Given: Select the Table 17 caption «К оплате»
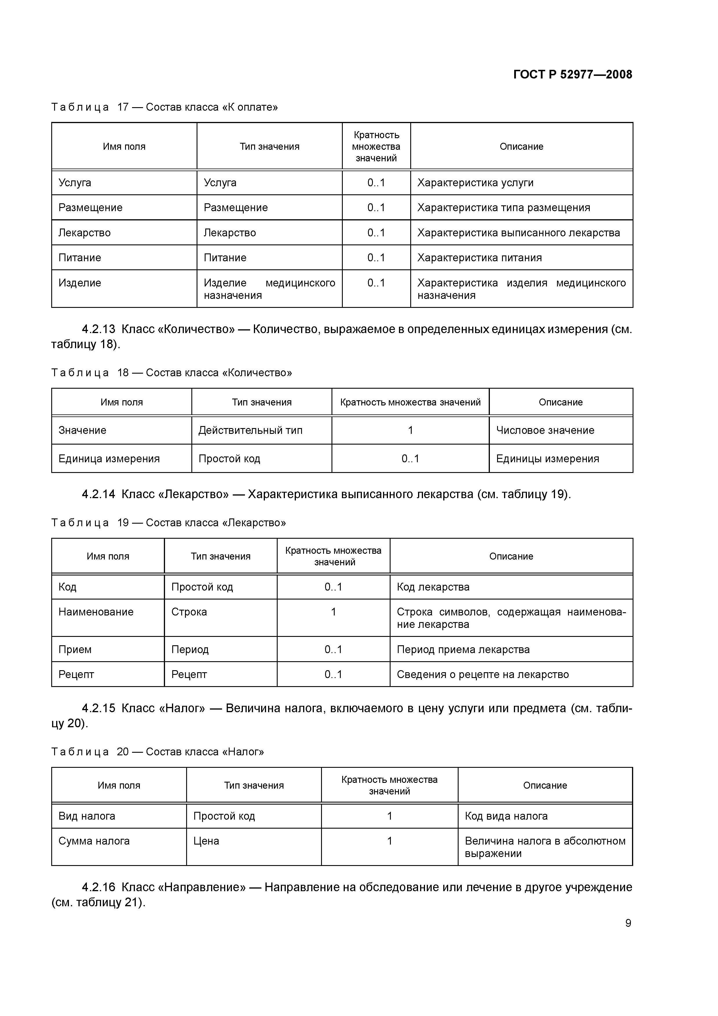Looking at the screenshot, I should [x=164, y=107].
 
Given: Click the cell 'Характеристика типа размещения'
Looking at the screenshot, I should [x=503, y=208].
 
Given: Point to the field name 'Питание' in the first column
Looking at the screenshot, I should [x=80, y=257].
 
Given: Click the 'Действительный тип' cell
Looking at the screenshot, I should [x=250, y=430].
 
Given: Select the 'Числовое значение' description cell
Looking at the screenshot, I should [x=545, y=430].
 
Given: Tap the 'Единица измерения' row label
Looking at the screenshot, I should [x=109, y=458].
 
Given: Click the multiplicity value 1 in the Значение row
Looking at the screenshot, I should [x=410, y=430].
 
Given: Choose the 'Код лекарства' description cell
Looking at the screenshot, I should [x=433, y=587].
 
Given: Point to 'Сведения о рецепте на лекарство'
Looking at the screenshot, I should [x=483, y=674].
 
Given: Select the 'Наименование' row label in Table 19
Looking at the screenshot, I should [x=96, y=612].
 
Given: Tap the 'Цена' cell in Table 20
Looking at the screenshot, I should [x=206, y=841].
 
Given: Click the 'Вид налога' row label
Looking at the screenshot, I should [x=87, y=816].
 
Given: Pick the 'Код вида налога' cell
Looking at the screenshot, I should [x=506, y=816].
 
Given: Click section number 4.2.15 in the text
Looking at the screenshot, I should [x=98, y=708].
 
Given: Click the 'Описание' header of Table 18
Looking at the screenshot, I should [x=561, y=402].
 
